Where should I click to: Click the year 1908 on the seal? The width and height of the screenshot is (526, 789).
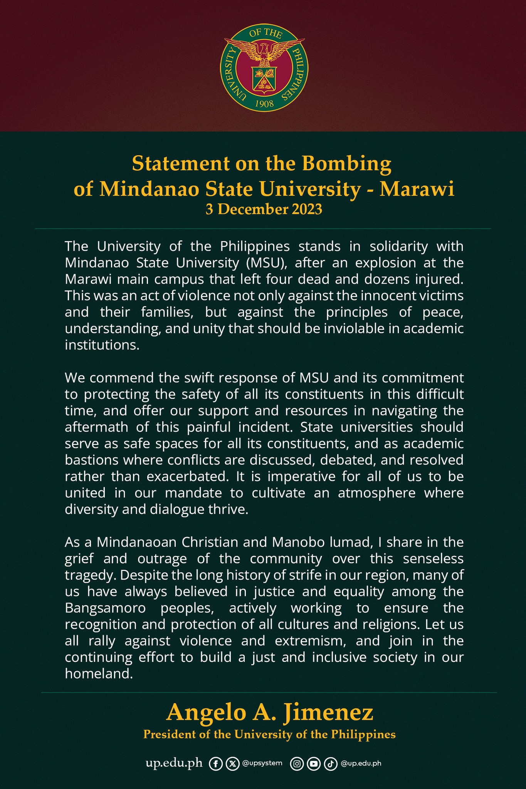[x=264, y=104]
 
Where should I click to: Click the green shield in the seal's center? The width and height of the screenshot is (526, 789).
[x=264, y=79]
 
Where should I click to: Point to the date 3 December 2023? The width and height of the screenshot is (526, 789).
[x=264, y=210]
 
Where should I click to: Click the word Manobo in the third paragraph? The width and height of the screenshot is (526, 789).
[x=296, y=542]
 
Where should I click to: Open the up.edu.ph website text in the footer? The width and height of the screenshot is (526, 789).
[x=174, y=763]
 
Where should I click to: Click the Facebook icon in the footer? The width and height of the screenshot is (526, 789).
[x=216, y=764]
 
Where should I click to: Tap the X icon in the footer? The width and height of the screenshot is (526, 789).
[x=232, y=764]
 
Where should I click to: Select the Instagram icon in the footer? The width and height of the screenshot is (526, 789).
[x=297, y=764]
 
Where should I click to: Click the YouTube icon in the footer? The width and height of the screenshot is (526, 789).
[x=314, y=764]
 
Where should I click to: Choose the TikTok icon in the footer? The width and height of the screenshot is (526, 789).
[x=330, y=764]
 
